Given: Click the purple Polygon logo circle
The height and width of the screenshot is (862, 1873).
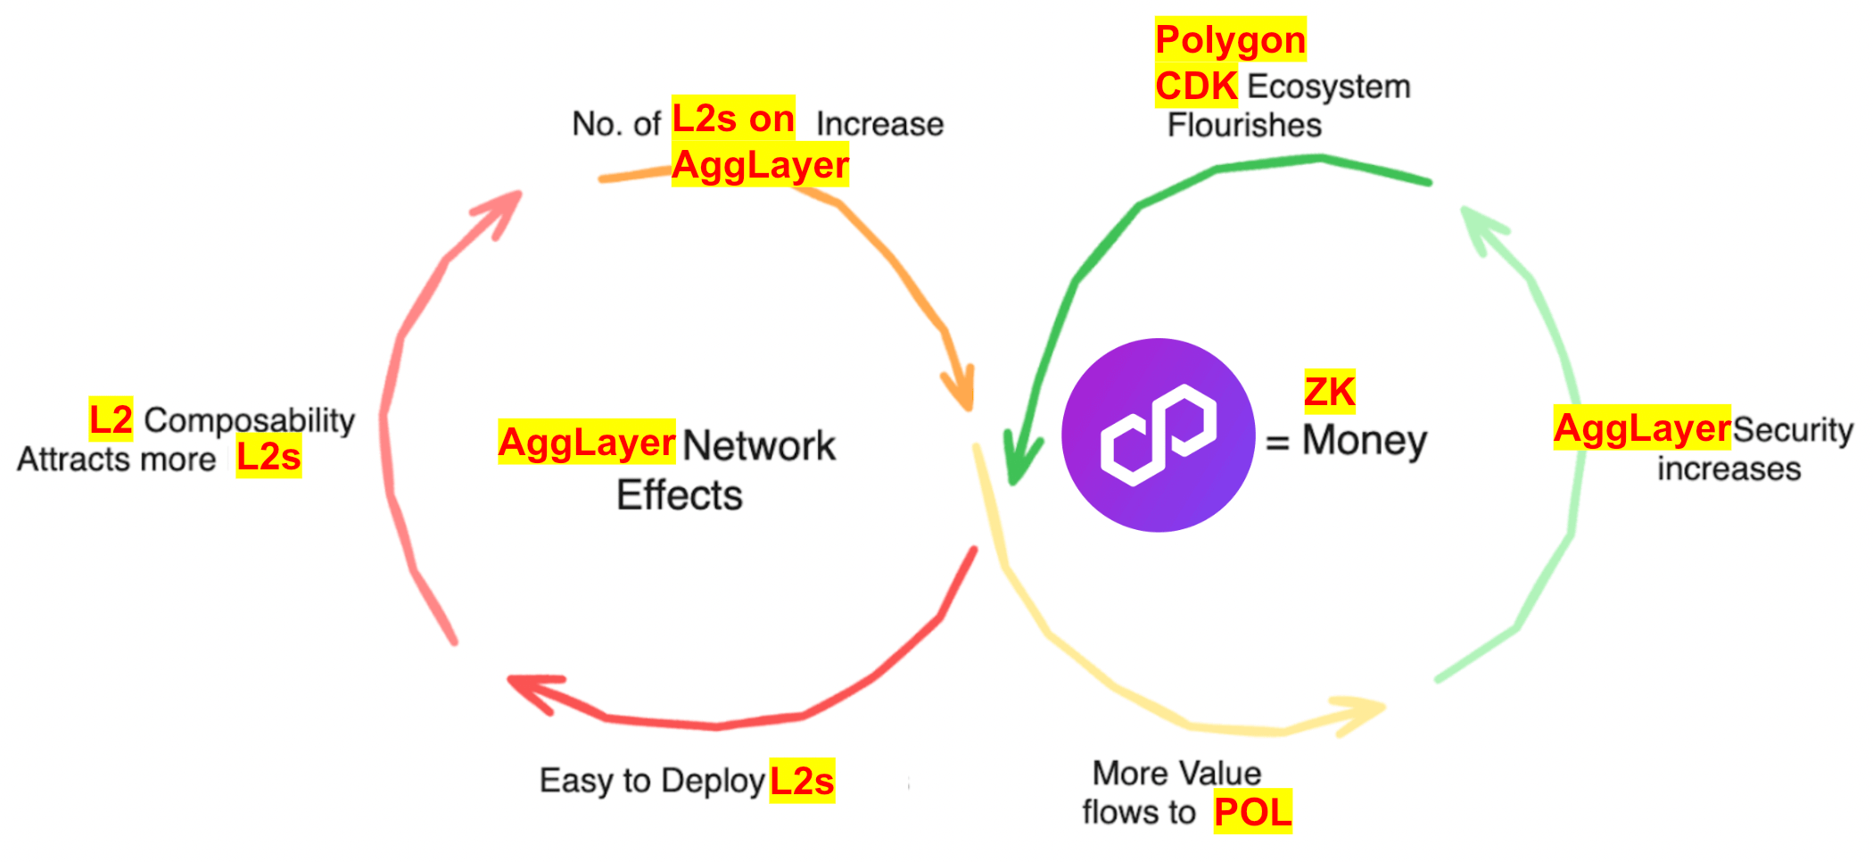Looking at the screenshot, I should [1158, 435].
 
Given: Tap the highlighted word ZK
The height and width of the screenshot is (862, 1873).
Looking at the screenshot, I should [1329, 392].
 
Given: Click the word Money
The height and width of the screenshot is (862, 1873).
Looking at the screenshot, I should [1365, 440].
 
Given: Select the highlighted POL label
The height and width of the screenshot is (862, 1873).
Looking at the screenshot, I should [1252, 812].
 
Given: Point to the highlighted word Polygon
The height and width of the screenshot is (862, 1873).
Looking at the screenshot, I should [1230, 39].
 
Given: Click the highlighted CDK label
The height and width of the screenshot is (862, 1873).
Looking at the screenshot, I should [1196, 87].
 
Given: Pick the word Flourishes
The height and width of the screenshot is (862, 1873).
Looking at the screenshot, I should [1244, 125].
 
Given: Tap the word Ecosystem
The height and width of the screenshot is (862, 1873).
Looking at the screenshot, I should [1329, 87].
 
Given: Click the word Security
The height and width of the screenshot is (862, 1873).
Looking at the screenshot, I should [1793, 430].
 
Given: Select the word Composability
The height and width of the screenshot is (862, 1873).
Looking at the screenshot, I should [250, 420].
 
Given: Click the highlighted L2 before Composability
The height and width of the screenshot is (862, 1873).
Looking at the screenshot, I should [111, 419].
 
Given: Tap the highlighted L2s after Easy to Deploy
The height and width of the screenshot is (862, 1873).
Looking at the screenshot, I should [802, 781].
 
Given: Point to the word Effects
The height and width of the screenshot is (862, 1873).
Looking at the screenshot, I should [680, 495].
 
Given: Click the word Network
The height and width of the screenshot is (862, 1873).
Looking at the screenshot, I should [759, 445].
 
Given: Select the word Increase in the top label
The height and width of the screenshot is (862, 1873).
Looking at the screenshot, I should [879, 124].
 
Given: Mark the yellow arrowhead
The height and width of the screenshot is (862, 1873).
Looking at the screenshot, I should [1360, 714].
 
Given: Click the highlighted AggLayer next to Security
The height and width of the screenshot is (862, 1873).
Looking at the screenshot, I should [1642, 428].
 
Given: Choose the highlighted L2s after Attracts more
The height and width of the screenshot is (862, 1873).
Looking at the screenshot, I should [268, 457].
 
